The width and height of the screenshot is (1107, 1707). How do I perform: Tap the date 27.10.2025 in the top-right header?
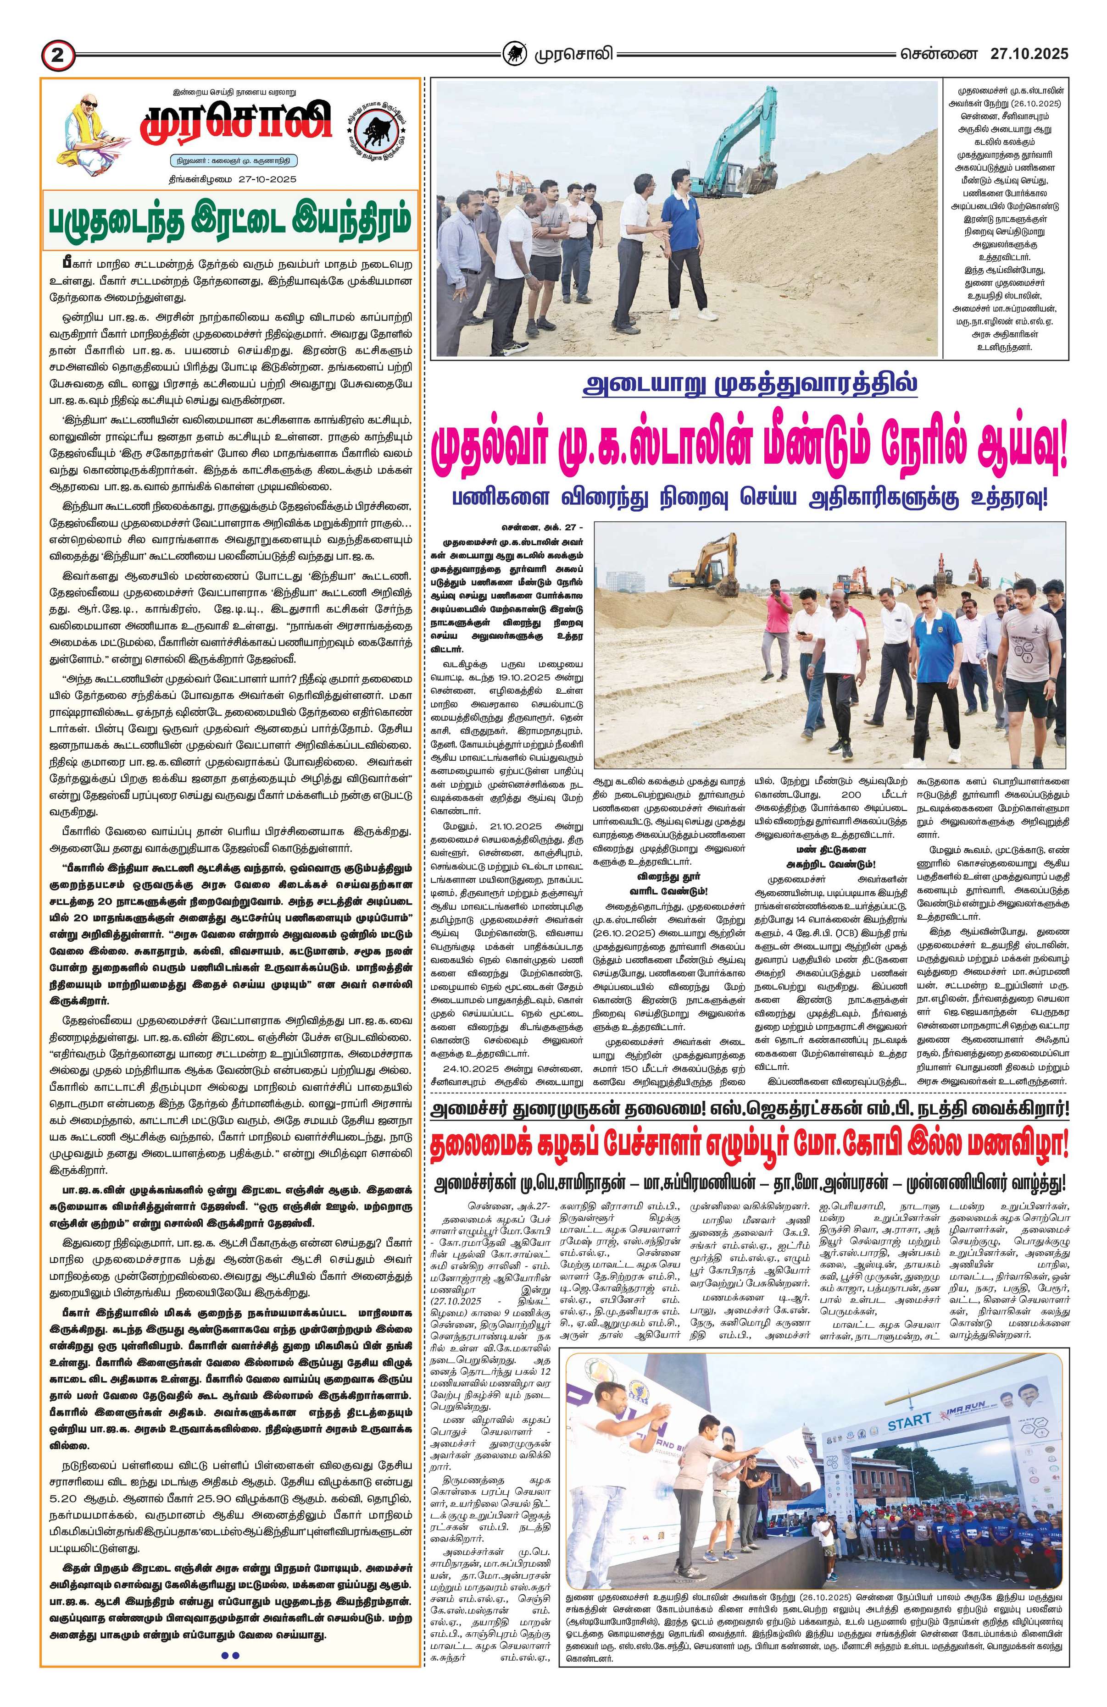tap(1029, 54)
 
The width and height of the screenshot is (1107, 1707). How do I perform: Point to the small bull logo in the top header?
tap(512, 54)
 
